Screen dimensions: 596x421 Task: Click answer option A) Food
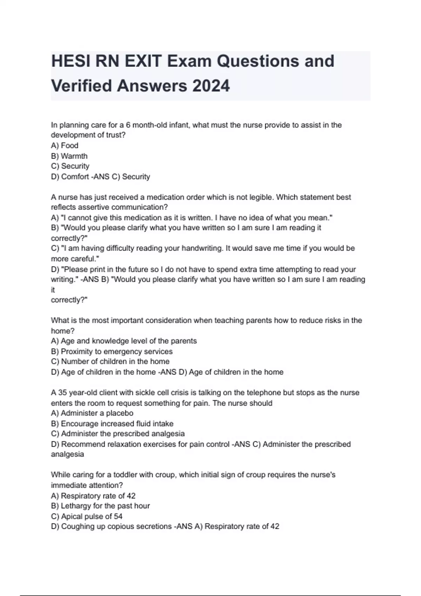[x=65, y=145]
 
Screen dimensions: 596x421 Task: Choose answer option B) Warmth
[x=69, y=156]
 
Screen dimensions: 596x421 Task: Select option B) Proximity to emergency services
[x=112, y=351]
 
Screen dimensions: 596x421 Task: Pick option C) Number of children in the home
[x=110, y=361]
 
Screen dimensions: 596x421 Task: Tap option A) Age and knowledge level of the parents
[x=123, y=341]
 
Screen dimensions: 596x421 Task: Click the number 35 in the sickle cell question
[x=62, y=393]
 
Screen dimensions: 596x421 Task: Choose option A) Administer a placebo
[x=92, y=413]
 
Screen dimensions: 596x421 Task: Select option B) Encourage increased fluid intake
[x=112, y=424]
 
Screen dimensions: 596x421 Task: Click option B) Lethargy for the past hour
[x=100, y=506]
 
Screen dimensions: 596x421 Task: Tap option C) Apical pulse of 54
[x=87, y=516]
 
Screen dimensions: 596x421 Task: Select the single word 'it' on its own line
[x=53, y=290]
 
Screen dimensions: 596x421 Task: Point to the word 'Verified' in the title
[x=81, y=86]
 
